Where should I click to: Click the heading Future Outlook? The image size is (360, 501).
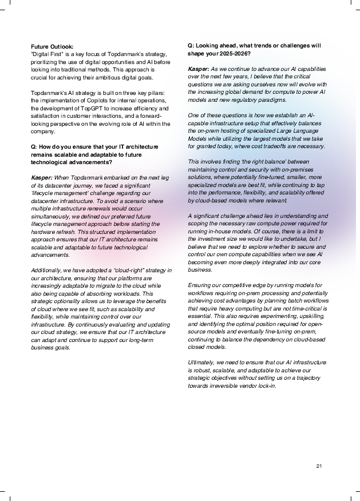(x=52, y=46)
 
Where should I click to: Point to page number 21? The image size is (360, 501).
(x=319, y=466)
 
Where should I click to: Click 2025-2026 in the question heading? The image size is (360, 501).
(x=232, y=53)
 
